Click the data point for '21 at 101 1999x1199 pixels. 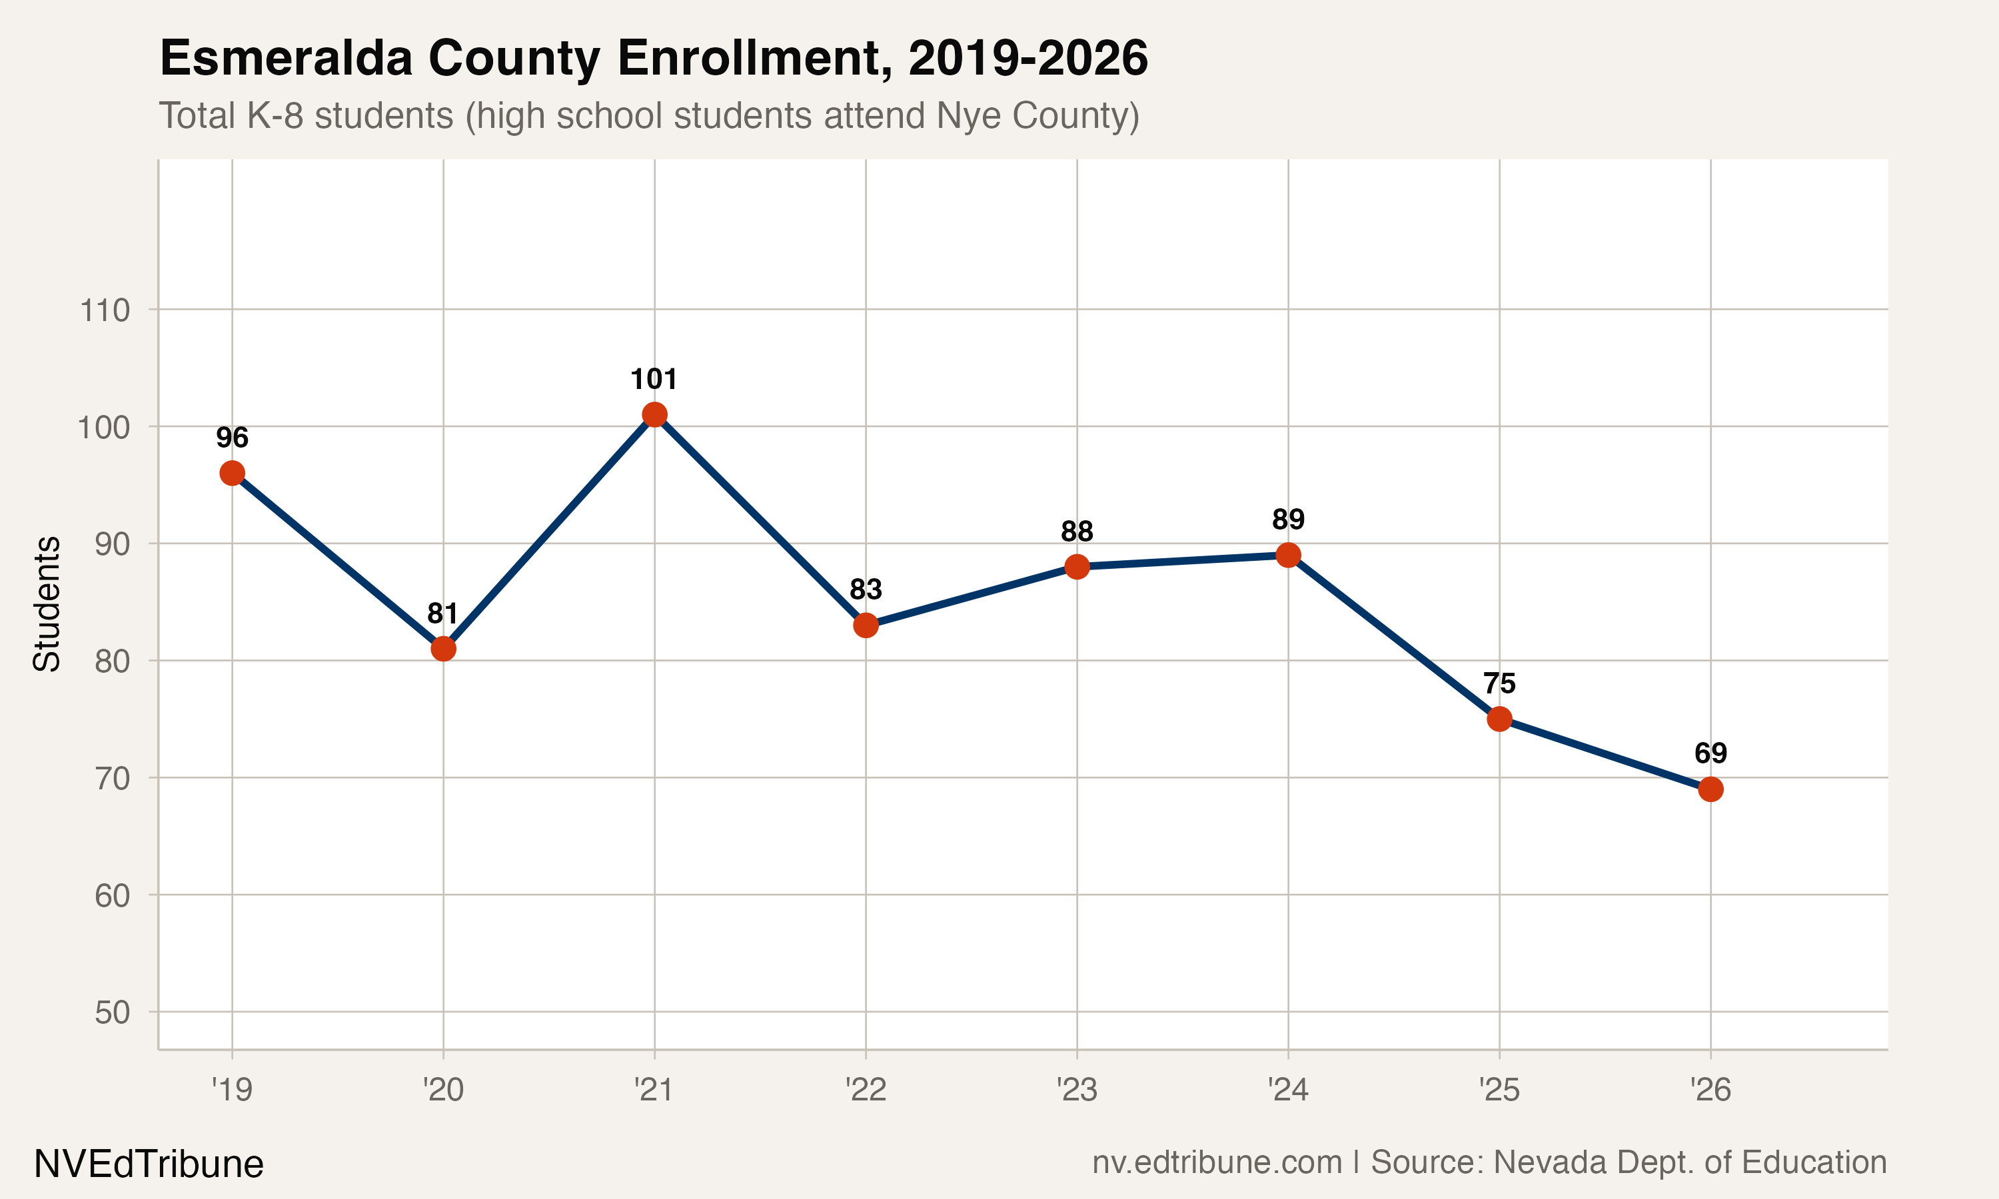pos(654,414)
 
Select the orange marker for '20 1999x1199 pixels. pos(443,649)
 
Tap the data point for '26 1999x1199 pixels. pos(1710,789)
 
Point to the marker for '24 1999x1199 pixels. pos(1288,555)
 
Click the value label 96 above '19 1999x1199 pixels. pos(232,438)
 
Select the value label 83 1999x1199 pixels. pos(866,590)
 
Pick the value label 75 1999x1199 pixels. pos(1499,683)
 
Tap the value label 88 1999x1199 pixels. pos(1076,532)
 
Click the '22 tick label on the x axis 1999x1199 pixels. pos(866,1090)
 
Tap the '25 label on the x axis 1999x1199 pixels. pos(1499,1090)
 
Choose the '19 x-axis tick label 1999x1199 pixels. pos(232,1090)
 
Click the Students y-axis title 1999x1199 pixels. pos(47,603)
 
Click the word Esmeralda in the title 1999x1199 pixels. pos(286,58)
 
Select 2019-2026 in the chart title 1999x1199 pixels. pos(1027,58)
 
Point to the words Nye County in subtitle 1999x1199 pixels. pos(1037,115)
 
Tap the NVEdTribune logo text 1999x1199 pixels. pos(149,1164)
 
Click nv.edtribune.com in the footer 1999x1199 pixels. pos(1216,1162)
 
